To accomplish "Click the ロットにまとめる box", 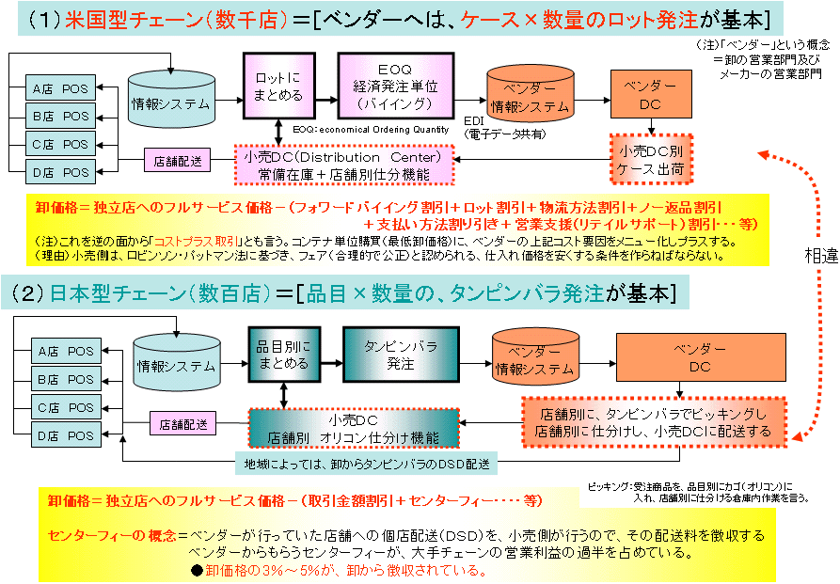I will tap(279, 86).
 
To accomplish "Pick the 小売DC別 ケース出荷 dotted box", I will tap(651, 159).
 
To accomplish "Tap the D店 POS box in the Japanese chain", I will tap(64, 435).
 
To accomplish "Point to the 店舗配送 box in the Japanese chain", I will tap(183, 424).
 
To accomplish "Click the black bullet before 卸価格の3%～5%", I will tap(197, 571).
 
